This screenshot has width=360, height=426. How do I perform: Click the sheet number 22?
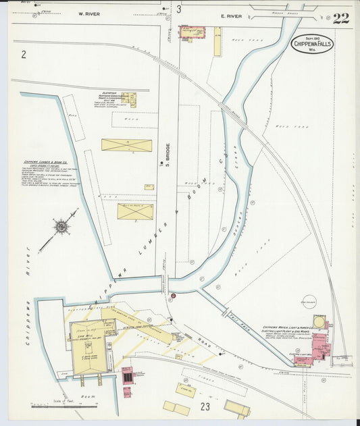point(340,18)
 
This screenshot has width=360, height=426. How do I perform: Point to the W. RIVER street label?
point(89,14)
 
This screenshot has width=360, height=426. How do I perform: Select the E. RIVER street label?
point(232,14)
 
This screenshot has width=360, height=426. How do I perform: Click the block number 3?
point(179,9)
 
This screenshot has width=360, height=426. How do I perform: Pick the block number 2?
point(23,54)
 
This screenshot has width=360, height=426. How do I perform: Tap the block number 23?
point(205,406)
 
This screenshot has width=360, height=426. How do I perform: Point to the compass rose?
point(61,228)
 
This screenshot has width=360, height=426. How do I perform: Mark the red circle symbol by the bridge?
point(173,296)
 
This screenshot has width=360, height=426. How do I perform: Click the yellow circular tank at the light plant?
point(319,322)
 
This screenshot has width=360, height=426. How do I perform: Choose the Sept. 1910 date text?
point(312,38)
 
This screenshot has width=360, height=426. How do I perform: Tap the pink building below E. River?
point(192,32)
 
